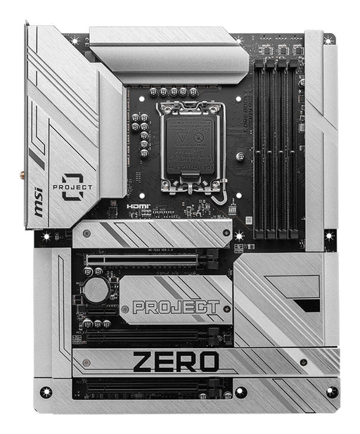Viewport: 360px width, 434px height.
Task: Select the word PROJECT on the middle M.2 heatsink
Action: coord(175,307)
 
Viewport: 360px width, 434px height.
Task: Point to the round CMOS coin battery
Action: coord(96,289)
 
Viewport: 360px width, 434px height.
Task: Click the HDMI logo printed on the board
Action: coord(134,205)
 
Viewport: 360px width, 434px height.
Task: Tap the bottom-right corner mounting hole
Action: coord(330,392)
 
